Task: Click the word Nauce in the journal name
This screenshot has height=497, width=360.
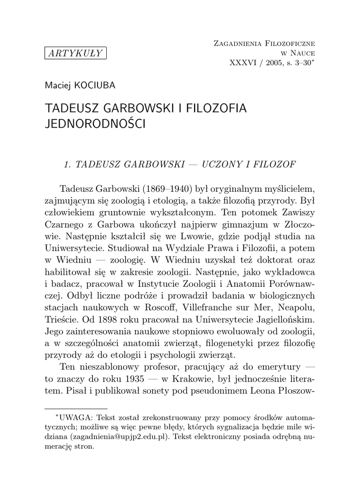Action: (302, 53)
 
